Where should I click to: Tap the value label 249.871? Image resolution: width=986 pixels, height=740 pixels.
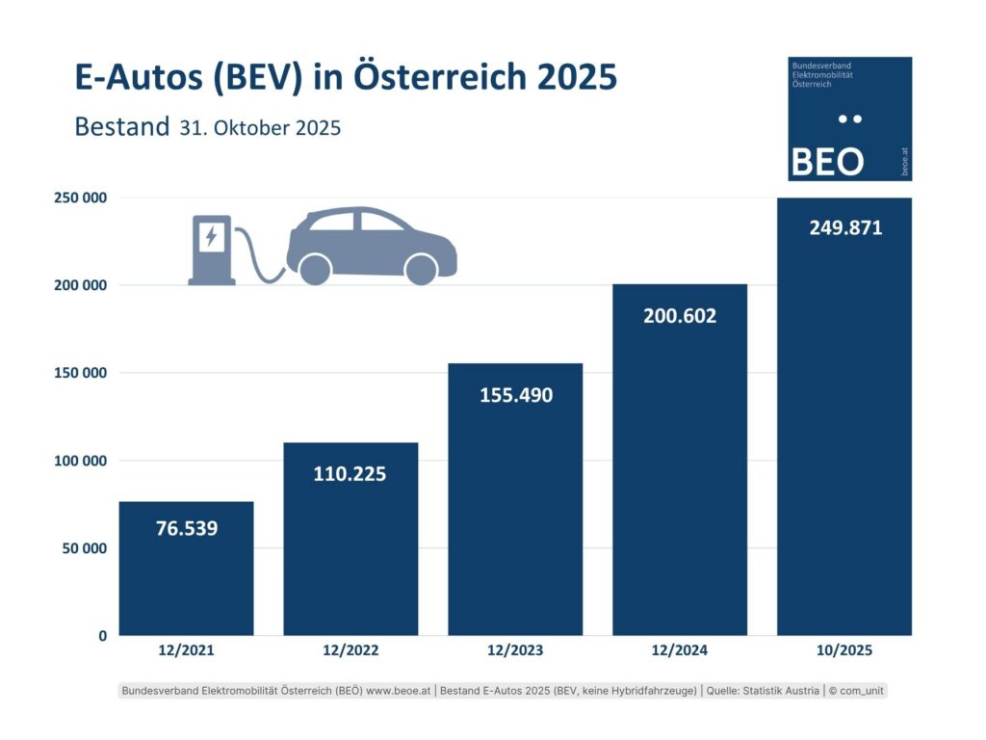pos(844,228)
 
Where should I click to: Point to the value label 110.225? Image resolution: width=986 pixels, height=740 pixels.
pos(350,474)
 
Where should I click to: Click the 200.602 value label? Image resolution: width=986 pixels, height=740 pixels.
pos(680,315)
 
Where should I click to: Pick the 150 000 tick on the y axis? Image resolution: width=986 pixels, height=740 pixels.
pos(80,373)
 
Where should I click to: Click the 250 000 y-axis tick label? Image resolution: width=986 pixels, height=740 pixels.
pos(80,198)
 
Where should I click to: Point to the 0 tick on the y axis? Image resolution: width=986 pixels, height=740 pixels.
pos(101,636)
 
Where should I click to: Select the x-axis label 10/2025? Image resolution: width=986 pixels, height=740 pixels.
pos(844,651)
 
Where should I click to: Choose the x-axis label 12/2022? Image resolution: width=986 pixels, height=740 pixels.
pos(350,651)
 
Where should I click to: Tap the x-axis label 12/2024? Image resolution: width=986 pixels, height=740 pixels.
pos(680,651)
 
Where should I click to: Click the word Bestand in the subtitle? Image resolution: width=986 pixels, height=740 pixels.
pos(121,127)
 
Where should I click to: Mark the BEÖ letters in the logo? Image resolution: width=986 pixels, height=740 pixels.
pos(827,160)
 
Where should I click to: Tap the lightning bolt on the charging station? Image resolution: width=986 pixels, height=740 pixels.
pos(210,234)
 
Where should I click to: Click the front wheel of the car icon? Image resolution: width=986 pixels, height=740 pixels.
pos(421,269)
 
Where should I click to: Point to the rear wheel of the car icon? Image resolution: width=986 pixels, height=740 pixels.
pos(315,269)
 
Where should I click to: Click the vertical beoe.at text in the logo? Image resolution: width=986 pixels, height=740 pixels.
pos(903,162)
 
